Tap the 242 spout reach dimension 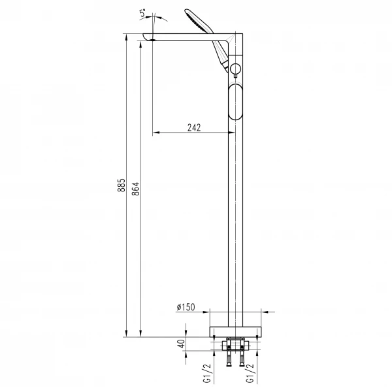[193, 128]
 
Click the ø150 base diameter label [186, 306]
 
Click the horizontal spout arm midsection [189, 38]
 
